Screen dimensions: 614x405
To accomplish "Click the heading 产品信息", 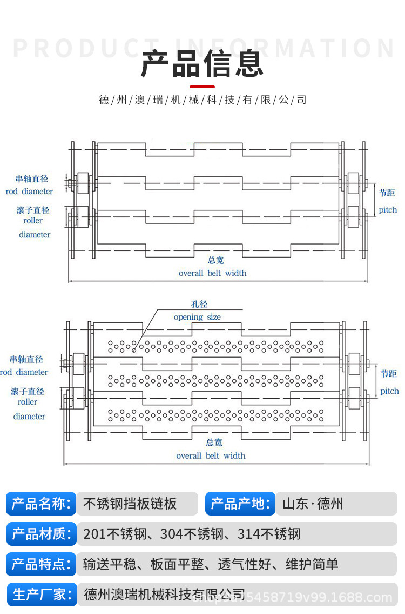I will point(202,64).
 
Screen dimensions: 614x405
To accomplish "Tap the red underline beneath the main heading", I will point(202,87).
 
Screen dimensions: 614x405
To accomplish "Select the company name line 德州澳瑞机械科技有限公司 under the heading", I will point(202,100).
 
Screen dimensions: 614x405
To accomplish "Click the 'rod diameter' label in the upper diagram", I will point(30,192).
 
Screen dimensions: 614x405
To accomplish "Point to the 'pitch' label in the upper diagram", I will point(387,210).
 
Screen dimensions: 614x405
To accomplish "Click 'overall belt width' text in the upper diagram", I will point(212,273).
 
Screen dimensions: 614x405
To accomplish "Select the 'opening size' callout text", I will point(197,317).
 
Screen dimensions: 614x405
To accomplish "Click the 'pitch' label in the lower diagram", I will point(389,391).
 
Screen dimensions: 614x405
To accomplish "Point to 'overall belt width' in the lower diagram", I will point(211,455).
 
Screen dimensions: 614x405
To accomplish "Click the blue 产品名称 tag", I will point(41,504).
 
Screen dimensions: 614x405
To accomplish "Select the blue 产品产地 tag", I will point(240,504).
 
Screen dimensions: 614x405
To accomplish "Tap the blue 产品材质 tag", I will point(41,534).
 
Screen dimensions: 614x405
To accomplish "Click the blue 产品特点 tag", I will point(41,564).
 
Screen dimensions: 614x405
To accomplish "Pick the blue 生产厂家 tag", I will point(41,595).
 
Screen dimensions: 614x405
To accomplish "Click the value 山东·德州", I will point(313,504).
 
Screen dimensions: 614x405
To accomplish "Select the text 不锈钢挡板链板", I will point(130,504).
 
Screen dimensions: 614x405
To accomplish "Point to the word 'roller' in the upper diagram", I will point(33,221).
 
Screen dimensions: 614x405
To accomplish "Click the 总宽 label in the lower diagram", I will point(214,443).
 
